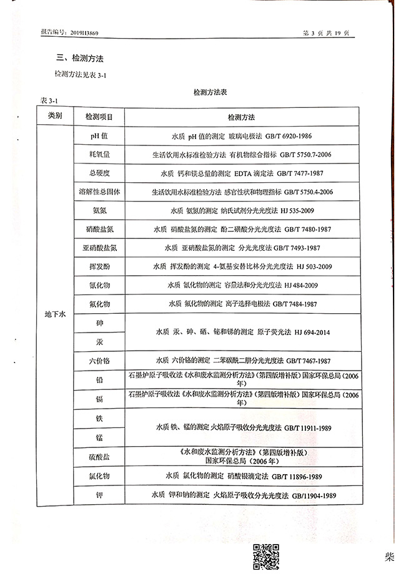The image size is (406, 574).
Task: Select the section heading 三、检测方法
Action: coord(80,59)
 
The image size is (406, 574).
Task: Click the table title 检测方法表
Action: coord(210,92)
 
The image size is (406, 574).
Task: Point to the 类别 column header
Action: coord(55,116)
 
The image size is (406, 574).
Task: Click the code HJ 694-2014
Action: coord(309,332)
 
